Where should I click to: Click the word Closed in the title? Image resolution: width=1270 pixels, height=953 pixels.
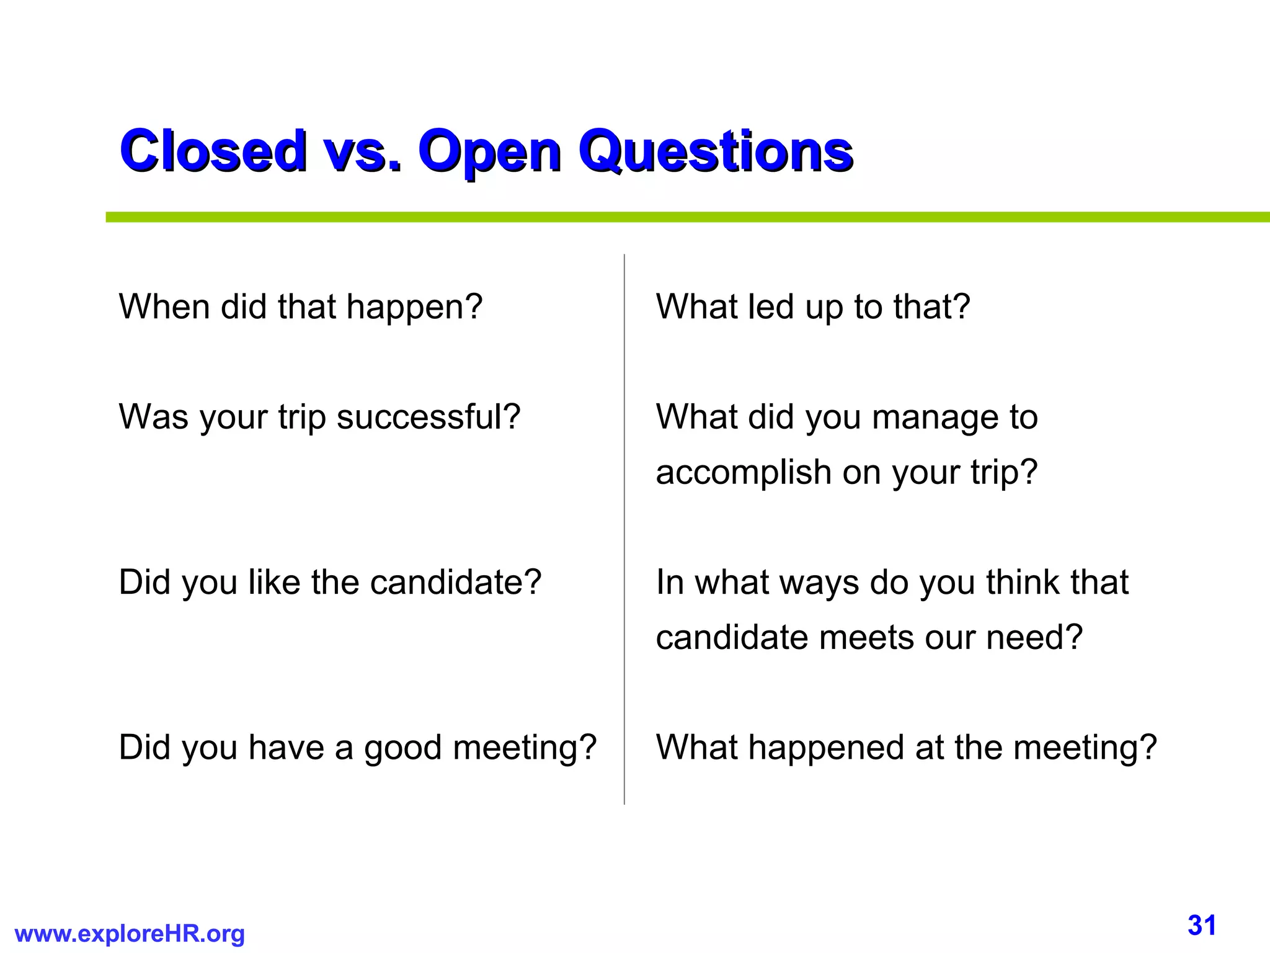click(x=213, y=151)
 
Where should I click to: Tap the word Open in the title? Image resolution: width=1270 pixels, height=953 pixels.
click(x=489, y=152)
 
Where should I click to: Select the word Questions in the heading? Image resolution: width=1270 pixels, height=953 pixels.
click(x=716, y=152)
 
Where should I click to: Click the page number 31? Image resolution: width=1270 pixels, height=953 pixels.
click(x=1202, y=925)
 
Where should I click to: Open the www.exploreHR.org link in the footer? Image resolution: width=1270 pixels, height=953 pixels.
click(x=130, y=934)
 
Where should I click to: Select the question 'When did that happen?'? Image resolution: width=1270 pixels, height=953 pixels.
click(x=301, y=306)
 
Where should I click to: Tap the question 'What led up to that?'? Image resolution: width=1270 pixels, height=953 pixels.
click(x=813, y=306)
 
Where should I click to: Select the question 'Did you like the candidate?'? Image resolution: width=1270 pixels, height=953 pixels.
click(x=330, y=582)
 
